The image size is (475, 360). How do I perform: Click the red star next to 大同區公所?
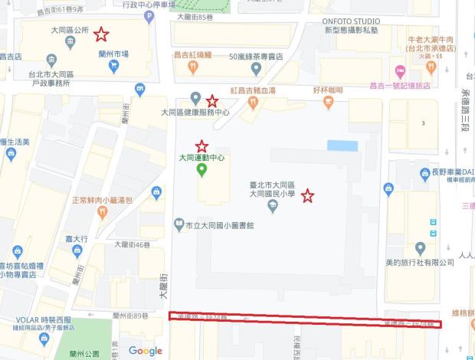pos(100,34)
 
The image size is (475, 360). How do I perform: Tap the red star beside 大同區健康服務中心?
pos(212,100)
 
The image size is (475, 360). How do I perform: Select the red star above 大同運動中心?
pos(201,146)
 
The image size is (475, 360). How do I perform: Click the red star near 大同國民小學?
pos(307,196)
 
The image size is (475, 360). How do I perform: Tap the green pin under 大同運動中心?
pos(201,170)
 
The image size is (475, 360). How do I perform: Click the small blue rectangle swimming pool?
pos(342,146)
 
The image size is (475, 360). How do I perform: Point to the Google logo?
pos(146,351)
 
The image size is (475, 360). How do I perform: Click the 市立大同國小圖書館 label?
pos(218,225)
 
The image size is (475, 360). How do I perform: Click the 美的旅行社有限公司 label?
pos(420,263)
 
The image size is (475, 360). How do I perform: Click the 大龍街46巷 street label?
pos(130,244)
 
